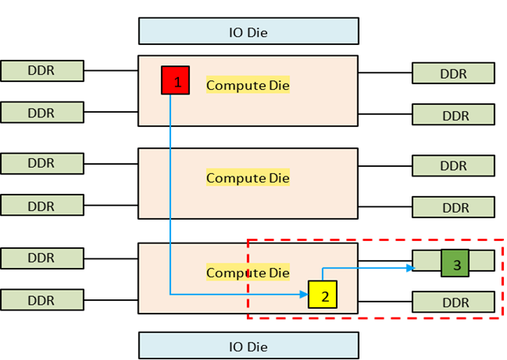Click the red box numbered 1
pyautogui.click(x=175, y=80)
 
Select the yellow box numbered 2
pyautogui.click(x=322, y=295)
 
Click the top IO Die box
pyautogui.click(x=248, y=31)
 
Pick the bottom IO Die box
pyautogui.click(x=248, y=345)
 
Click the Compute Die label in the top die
pyautogui.click(x=248, y=85)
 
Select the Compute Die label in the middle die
pyautogui.click(x=248, y=178)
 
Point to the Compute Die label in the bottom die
pyautogui.click(x=248, y=273)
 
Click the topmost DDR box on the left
pyautogui.click(x=42, y=70)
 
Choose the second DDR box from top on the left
pyautogui.click(x=42, y=113)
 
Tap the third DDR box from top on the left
pyautogui.click(x=42, y=163)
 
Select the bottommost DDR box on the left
pyautogui.click(x=42, y=299)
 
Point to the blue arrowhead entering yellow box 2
pyautogui.click(x=303, y=295)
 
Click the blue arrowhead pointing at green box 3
pyautogui.click(x=409, y=268)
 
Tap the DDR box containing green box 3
pyautogui.click(x=427, y=261)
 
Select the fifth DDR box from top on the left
pyautogui.click(x=42, y=258)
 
